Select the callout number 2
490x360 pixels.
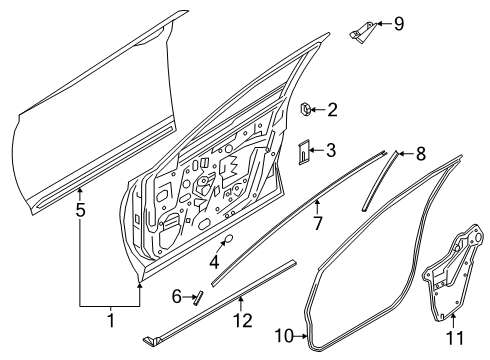point(333,111)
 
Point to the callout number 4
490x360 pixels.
point(214,263)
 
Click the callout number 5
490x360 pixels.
point(81,211)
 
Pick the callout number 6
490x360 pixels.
point(175,296)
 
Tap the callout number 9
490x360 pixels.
point(398,23)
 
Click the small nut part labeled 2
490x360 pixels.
point(306,108)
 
